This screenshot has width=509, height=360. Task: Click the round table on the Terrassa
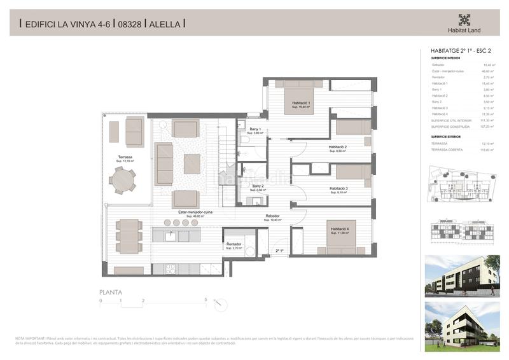(x=121, y=181)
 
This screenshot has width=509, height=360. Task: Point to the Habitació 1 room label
(x=301, y=103)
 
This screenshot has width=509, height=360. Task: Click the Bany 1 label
(x=255, y=130)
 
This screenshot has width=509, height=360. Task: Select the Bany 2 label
(x=257, y=186)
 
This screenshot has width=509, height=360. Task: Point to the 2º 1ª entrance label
(x=279, y=252)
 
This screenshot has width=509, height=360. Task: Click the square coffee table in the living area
(x=192, y=163)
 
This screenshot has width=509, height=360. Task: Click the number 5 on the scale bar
(x=206, y=300)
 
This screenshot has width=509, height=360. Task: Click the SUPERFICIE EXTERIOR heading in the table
(x=445, y=136)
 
